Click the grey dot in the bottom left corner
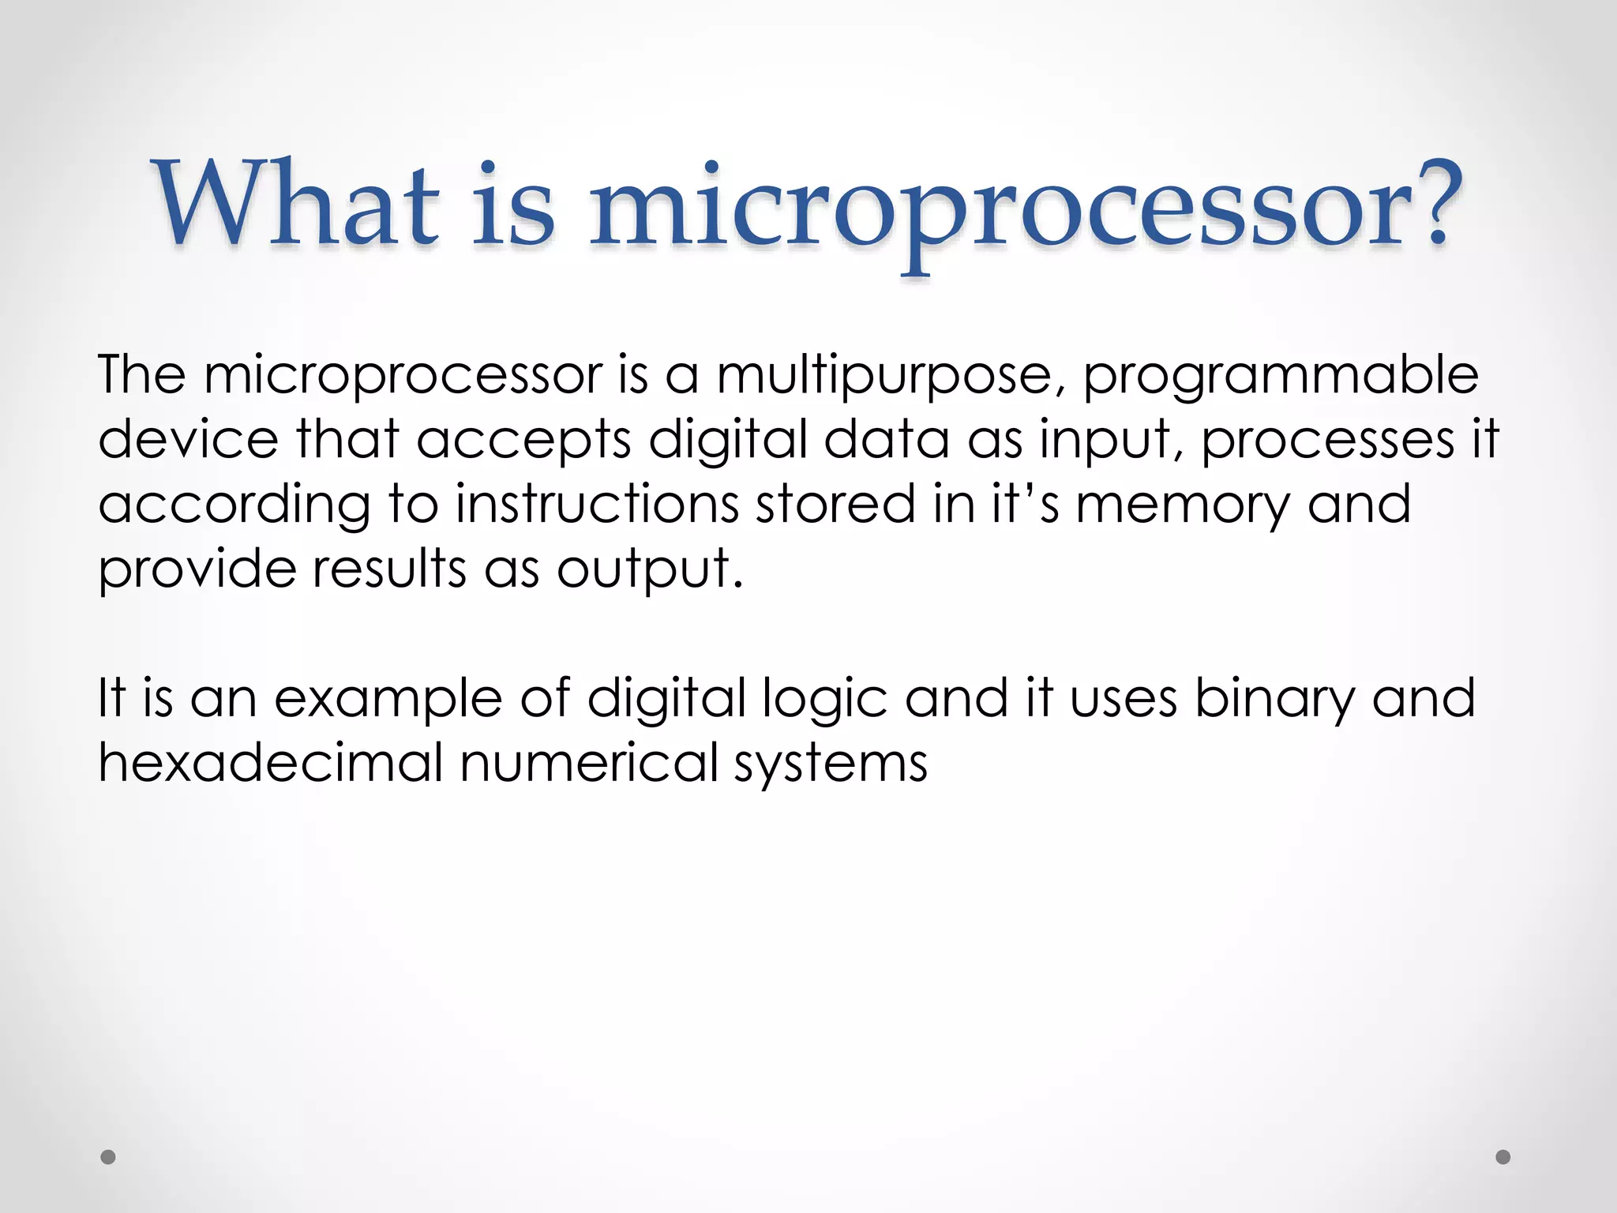[108, 1157]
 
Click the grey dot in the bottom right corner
[1503, 1157]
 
